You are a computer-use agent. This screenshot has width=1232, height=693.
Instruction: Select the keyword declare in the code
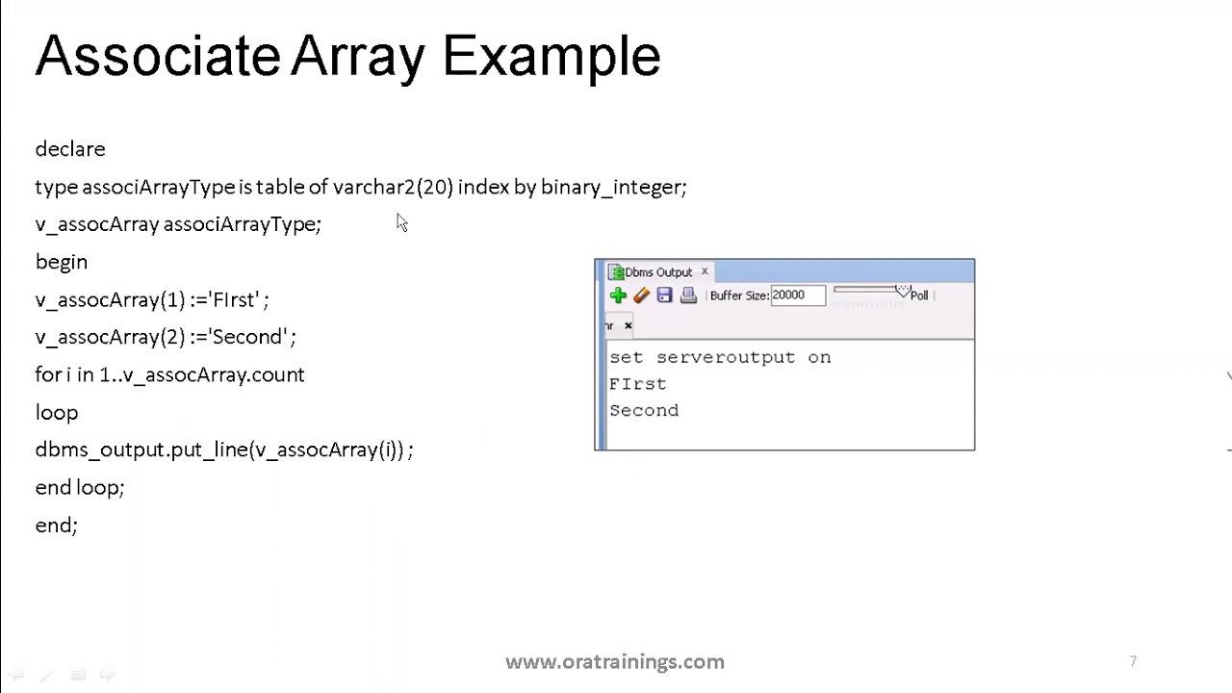coord(70,149)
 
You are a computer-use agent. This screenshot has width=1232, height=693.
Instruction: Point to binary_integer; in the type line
coord(613,188)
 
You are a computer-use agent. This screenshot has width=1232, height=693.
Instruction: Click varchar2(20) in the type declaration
coord(393,187)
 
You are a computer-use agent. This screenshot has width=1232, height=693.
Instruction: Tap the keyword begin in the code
coord(61,262)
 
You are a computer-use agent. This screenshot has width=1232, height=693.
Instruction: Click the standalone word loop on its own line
coord(57,413)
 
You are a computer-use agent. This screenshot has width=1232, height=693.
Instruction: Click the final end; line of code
coord(56,526)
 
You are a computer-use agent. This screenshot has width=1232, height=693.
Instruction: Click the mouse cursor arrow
coord(400,222)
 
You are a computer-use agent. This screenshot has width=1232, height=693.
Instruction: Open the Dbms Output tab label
coord(658,272)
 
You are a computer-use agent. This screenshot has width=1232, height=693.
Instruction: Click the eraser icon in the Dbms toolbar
coord(641,295)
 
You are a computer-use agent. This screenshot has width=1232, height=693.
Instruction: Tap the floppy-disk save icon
coord(664,295)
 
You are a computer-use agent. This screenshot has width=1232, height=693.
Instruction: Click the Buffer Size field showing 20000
coord(796,295)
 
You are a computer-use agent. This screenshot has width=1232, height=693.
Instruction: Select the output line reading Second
coord(644,411)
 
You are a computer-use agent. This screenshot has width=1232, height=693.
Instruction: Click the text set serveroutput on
coord(719,357)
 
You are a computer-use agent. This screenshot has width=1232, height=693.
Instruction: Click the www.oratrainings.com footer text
coord(614,662)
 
